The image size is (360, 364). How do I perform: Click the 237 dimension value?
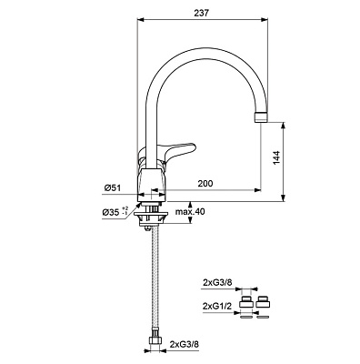[x=201, y=13]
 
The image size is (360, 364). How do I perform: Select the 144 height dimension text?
[x=276, y=157]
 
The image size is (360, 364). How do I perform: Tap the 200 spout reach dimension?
[x=205, y=183]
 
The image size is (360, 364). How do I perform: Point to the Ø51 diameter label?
[x=113, y=188]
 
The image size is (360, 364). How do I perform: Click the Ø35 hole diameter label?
[x=111, y=212]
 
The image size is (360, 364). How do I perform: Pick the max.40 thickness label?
[x=190, y=212]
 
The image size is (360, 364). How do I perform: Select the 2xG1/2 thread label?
[x=217, y=307]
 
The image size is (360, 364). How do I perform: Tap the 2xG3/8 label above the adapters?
[x=217, y=282]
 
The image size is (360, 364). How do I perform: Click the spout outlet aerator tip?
[x=262, y=116]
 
